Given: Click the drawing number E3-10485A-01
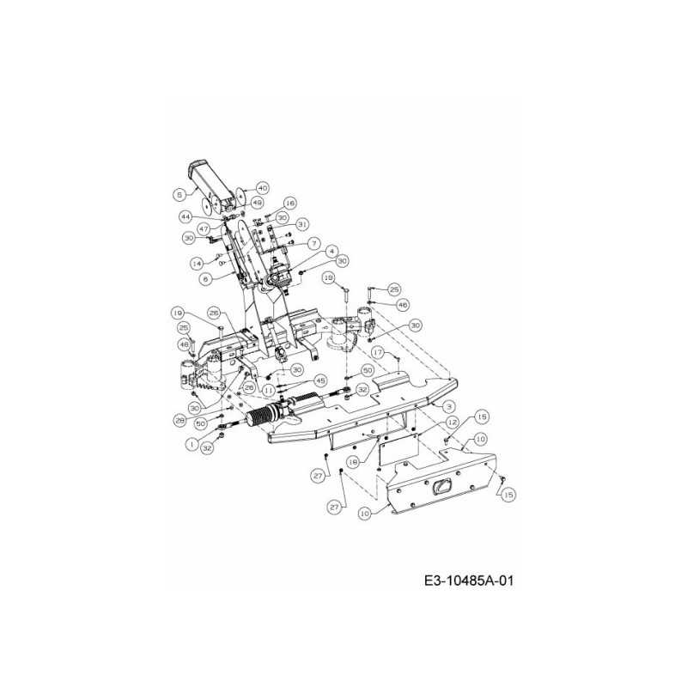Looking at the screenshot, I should point(468,581).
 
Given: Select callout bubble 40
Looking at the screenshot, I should point(262,188).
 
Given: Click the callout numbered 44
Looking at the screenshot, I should point(185,216).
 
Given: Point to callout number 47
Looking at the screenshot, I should point(204,229).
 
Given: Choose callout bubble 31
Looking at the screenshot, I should point(301,224).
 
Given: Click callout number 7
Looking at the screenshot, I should point(314,243).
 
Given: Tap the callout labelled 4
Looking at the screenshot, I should point(330,251).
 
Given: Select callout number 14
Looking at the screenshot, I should point(197,263).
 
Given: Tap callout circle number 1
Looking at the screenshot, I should point(191,444).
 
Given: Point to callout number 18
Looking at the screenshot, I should point(353,461).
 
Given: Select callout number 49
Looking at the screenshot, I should point(257,203).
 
